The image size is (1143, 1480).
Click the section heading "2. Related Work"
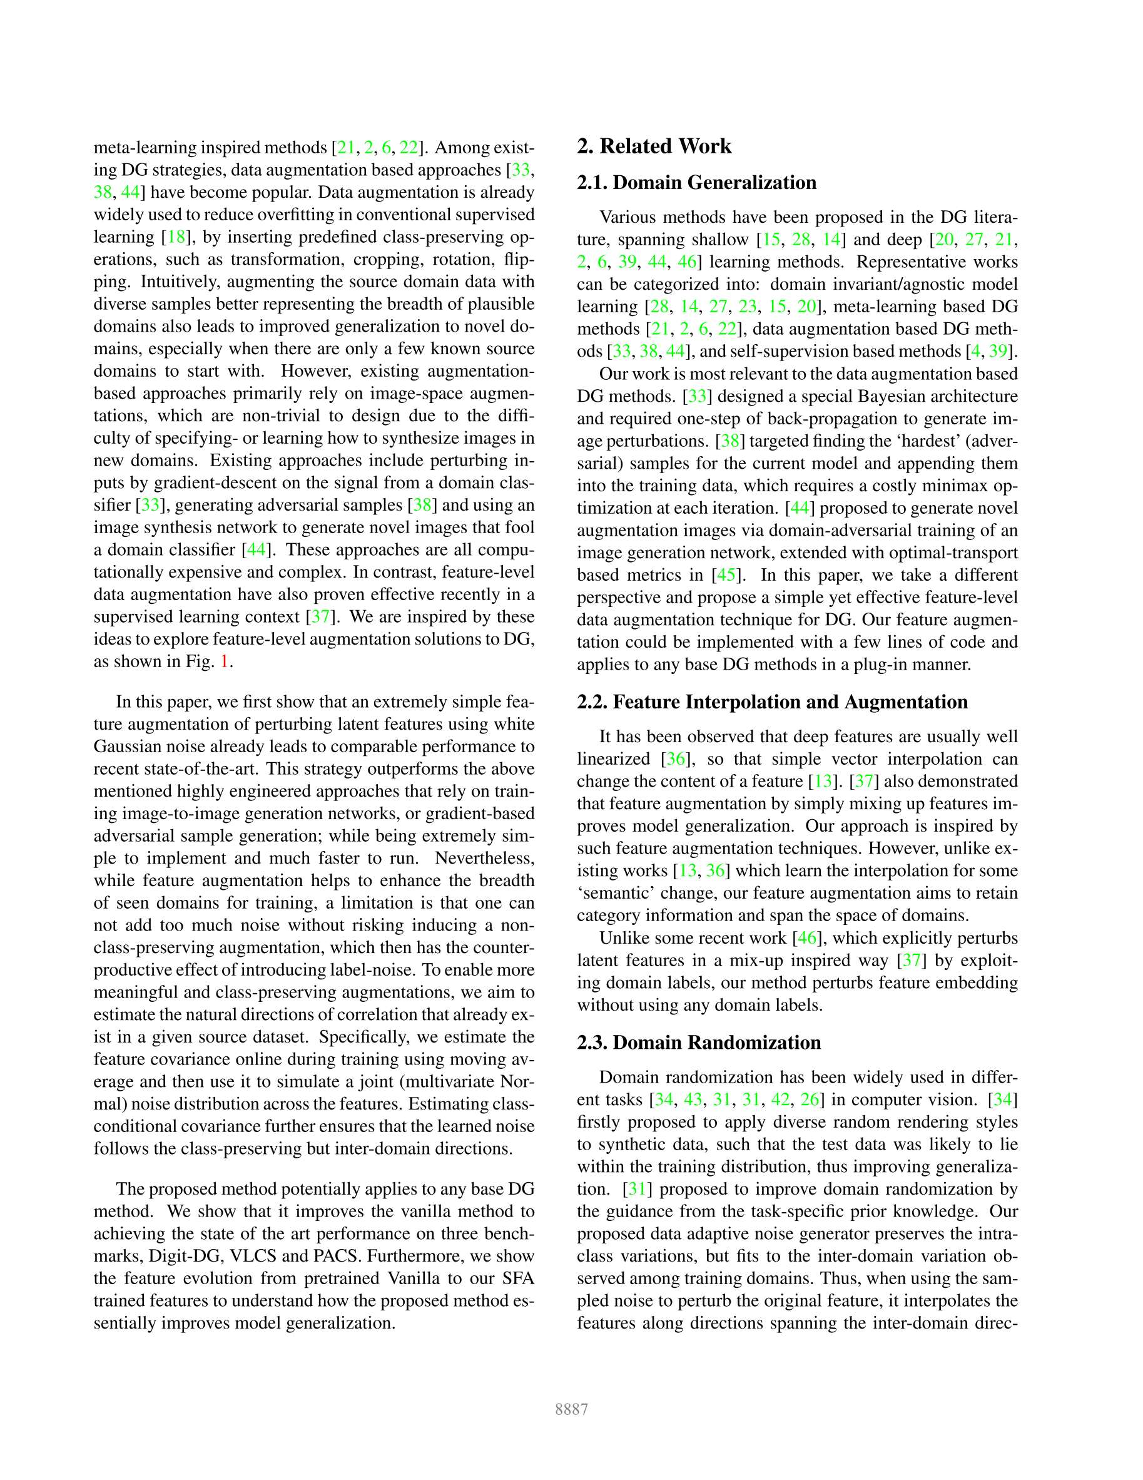(654, 146)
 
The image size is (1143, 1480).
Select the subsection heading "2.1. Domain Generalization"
(696, 182)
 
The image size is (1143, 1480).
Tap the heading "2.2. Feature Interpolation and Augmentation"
(773, 702)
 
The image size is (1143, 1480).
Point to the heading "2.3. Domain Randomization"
(699, 1042)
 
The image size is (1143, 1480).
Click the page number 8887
(571, 1409)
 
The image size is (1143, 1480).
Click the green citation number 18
(176, 237)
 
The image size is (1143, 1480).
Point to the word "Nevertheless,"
(484, 859)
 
